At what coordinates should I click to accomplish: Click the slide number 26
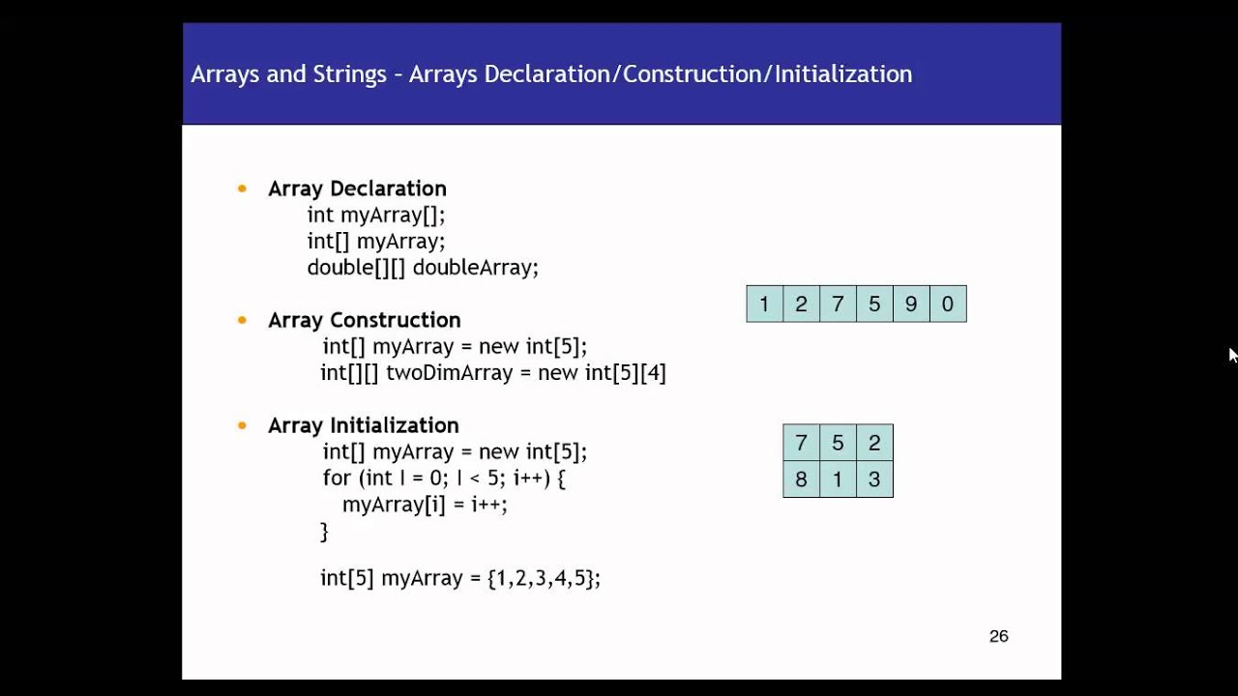coord(999,636)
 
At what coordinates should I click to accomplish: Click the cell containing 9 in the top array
coord(911,304)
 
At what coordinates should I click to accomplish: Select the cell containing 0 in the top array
coord(948,304)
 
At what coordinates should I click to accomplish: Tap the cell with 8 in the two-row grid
coord(801,479)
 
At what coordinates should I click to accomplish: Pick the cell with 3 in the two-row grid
coord(874,479)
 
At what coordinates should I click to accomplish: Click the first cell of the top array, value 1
coord(764,304)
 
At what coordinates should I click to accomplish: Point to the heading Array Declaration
coord(357,188)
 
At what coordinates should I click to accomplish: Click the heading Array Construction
coord(364,320)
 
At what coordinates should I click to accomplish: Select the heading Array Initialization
coord(363,425)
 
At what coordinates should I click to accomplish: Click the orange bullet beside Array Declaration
coord(242,188)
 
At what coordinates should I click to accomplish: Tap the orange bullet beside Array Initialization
coord(242,425)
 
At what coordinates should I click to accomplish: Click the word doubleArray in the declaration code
coord(475,268)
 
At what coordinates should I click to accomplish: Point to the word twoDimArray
coord(449,373)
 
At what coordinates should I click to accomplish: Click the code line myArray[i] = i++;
coord(425,505)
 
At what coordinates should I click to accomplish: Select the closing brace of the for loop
coord(325,531)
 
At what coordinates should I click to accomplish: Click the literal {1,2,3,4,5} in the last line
coord(544,578)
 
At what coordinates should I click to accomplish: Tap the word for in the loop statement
coord(338,478)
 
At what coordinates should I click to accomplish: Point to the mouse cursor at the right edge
coord(1232,354)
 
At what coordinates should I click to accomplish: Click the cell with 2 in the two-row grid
coord(874,443)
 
